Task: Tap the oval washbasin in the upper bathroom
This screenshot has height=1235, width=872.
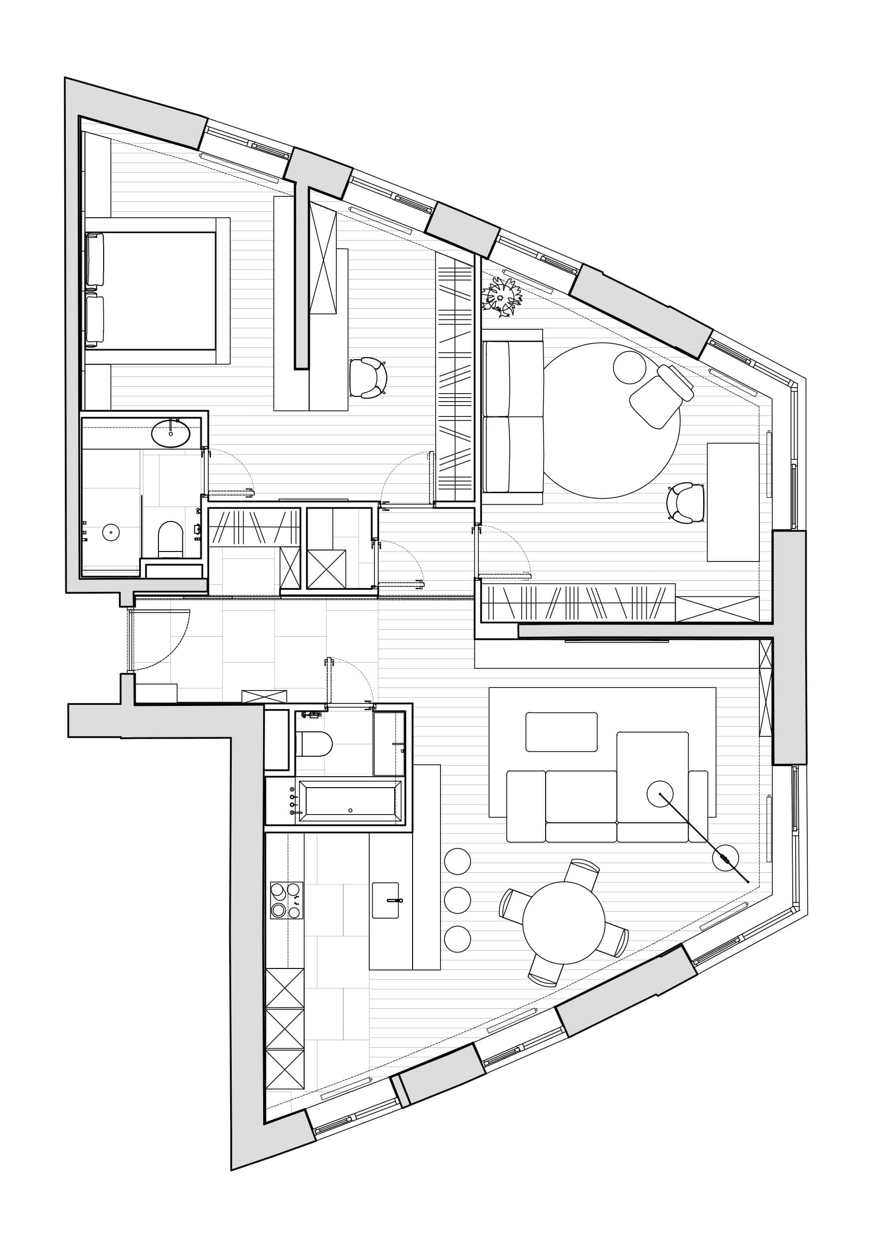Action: coord(170,433)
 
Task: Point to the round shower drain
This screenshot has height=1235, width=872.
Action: coord(111,533)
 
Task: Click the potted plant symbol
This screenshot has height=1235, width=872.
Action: coord(502,296)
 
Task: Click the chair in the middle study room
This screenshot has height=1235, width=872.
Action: coord(368,378)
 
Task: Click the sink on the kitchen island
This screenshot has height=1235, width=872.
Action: coord(385,900)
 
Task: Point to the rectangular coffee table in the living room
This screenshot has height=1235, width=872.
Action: coord(561,731)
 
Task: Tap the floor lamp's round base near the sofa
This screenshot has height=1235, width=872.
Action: coord(725,858)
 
